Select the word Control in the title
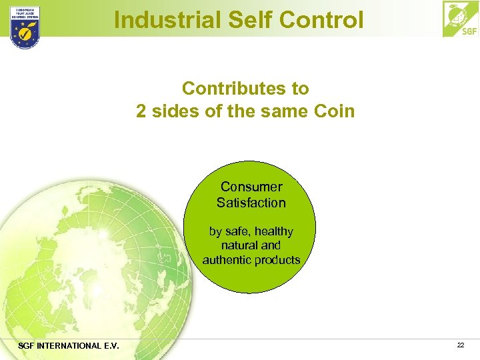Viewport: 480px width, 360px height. [x=322, y=19]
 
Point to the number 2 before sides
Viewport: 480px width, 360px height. [x=141, y=111]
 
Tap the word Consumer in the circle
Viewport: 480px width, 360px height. [x=251, y=187]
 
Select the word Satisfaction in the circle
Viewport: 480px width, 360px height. [x=251, y=203]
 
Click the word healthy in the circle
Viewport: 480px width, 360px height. [x=272, y=231]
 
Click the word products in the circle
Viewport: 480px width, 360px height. [x=279, y=259]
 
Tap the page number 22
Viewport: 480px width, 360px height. [x=461, y=345]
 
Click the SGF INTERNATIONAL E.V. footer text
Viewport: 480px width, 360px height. [x=59, y=345]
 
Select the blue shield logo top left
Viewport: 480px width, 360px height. [x=25, y=27]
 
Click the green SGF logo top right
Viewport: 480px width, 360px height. [x=460, y=19]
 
